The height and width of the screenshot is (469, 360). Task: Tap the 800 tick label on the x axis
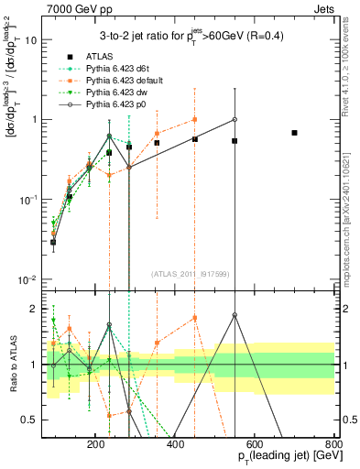pyautogui.click(x=334, y=443)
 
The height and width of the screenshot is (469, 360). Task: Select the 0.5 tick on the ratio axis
pyautogui.click(x=30, y=420)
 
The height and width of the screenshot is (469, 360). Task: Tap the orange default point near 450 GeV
pyautogui.click(x=194, y=119)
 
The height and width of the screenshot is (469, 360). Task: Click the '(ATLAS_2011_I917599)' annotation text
pyautogui.click(x=191, y=273)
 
